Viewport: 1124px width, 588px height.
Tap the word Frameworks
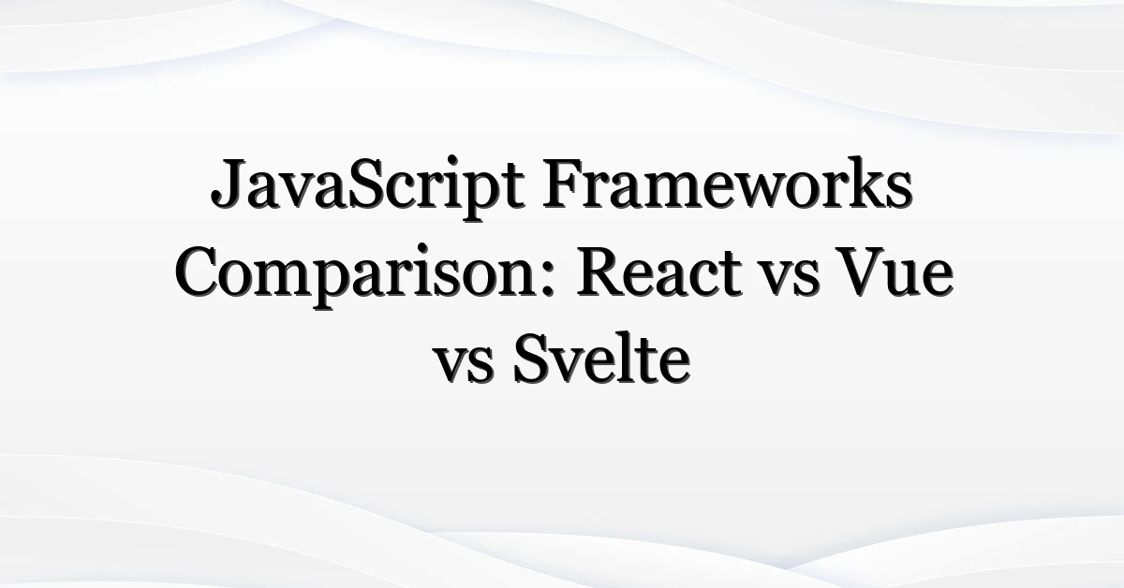coord(727,183)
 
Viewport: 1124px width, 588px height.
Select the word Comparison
coord(357,276)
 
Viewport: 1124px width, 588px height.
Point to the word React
coord(659,272)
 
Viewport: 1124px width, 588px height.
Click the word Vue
coord(895,272)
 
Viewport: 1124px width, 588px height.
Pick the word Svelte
coord(601,359)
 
